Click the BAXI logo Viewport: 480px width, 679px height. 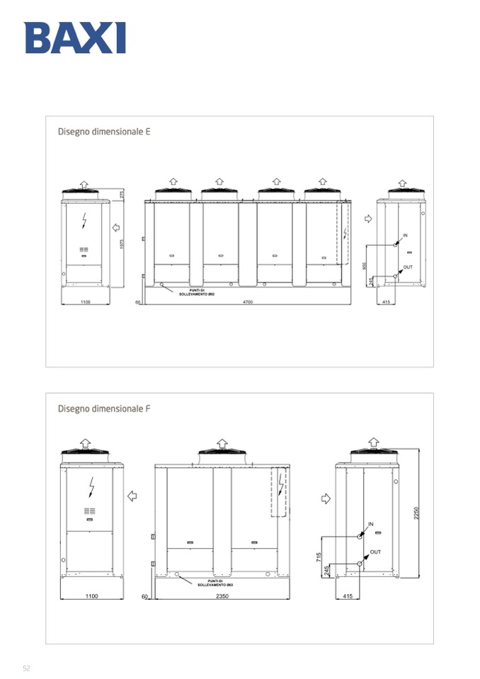75,38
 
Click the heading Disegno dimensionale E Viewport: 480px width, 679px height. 103,132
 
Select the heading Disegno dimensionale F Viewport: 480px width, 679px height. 103,409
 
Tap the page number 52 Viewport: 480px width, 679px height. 26,668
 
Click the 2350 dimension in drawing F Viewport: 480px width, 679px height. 222,596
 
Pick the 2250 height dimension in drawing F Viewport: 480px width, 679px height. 416,513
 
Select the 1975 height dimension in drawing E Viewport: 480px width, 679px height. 122,243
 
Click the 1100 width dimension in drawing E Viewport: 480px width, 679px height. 85,302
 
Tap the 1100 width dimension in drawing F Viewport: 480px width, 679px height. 91,596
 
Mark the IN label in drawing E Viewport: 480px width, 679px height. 405,235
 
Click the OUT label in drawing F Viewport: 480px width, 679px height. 375,552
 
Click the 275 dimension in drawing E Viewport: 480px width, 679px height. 122,194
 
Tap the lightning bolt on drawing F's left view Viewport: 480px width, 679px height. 91,486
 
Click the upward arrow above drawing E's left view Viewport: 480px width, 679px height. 84,184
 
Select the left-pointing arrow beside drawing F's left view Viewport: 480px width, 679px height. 132,496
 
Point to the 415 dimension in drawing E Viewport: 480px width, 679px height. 386,302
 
